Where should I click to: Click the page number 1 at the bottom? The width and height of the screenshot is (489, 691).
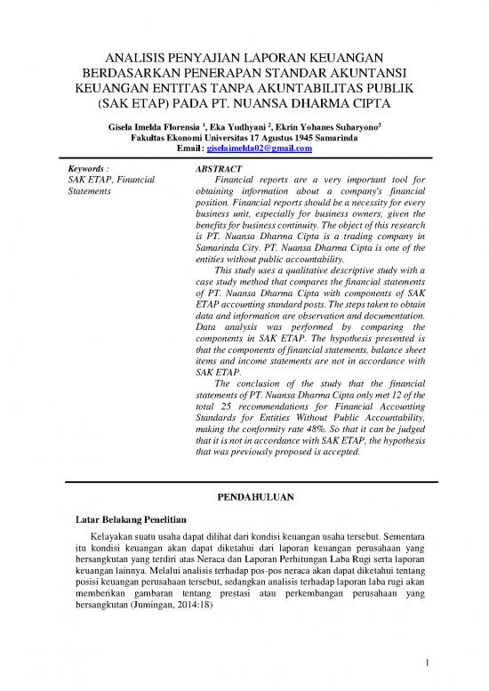(x=427, y=661)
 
